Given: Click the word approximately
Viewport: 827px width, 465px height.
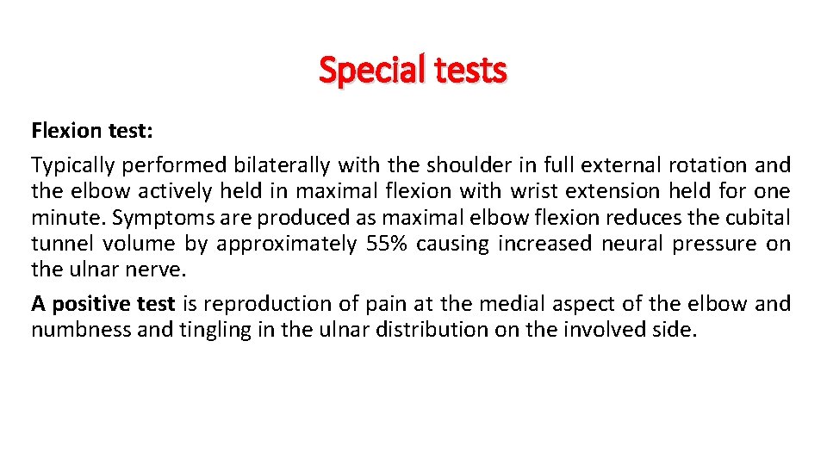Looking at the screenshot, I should (285, 244).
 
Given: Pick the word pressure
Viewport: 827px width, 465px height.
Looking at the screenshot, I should (710, 244).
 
